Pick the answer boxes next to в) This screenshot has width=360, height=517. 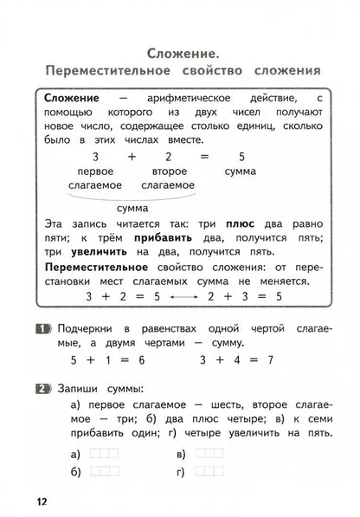(209, 452)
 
